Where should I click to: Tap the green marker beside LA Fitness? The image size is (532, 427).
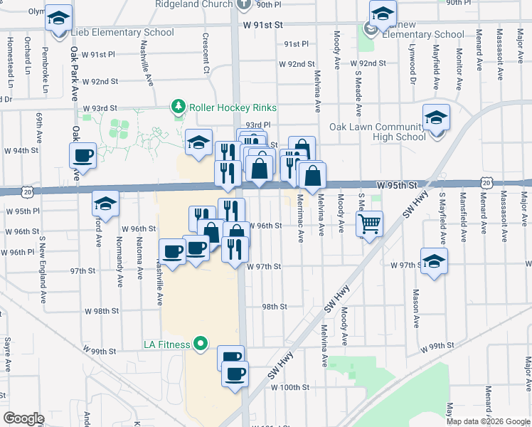tap(201, 344)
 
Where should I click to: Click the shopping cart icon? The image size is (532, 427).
tap(369, 224)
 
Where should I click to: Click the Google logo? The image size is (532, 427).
tap(23, 418)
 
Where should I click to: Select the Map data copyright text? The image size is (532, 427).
tap(487, 421)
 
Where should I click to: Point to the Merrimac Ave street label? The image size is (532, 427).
tap(300, 216)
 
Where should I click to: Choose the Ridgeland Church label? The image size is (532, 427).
tap(194, 4)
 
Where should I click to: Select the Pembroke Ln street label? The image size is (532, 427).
tap(46, 69)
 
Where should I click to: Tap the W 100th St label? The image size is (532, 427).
tap(290, 388)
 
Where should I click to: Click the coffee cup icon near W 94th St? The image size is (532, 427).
tap(83, 154)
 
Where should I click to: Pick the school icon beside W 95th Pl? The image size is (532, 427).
tap(105, 204)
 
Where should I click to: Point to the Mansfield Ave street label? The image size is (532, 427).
tap(464, 213)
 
